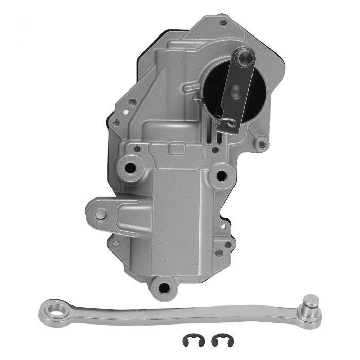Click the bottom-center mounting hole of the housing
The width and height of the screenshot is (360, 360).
pos(164,287)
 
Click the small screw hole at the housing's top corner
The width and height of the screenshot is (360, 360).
pos(223,23)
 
